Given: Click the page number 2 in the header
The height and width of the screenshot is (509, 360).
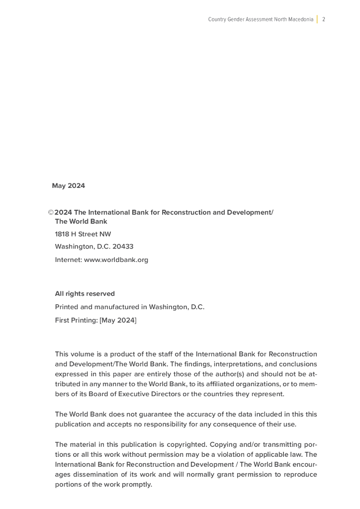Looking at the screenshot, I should tap(324, 19).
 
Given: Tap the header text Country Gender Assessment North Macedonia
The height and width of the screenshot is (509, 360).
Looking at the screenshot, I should tap(261, 19).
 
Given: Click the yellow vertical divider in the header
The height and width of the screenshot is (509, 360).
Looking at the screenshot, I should tap(317, 19).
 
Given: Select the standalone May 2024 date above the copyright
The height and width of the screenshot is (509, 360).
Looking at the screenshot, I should tap(68, 186).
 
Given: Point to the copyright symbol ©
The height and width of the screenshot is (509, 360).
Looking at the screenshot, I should tap(51, 213).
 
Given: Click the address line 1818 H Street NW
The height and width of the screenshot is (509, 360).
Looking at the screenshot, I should tap(83, 234).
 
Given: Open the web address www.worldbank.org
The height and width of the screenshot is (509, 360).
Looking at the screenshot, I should tap(116, 259).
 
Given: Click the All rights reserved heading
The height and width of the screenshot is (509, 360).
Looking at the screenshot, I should tap(85, 294).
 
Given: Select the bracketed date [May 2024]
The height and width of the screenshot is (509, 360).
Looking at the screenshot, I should tap(118, 321).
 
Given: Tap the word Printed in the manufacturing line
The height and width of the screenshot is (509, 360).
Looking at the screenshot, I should tap(67, 307).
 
